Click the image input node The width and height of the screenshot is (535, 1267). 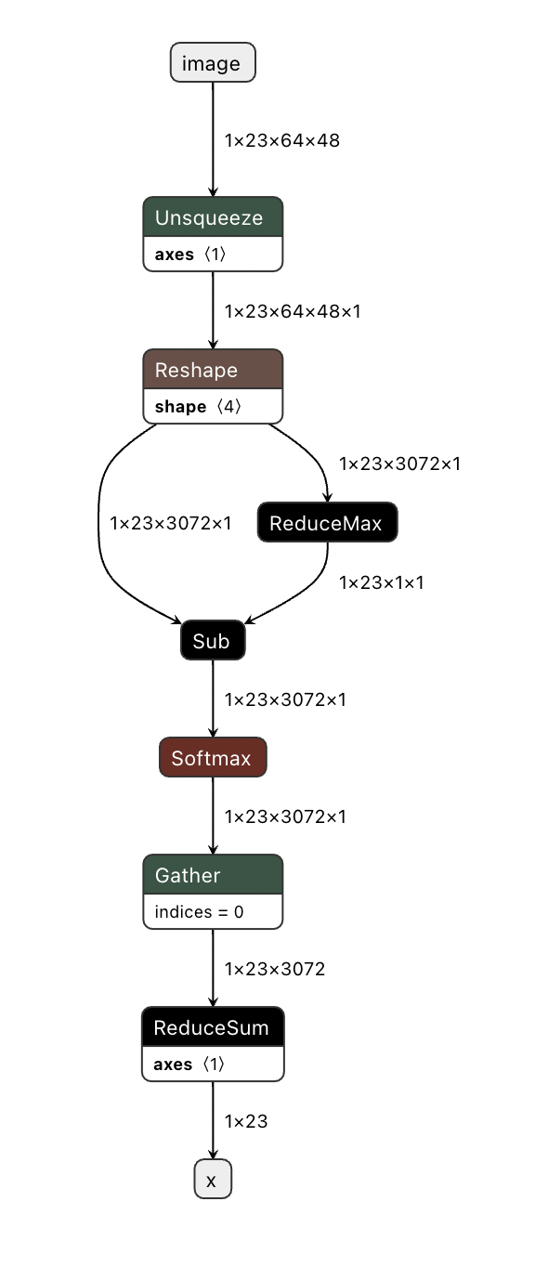pyautogui.click(x=212, y=63)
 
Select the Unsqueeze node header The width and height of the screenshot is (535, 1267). pyautogui.click(x=212, y=218)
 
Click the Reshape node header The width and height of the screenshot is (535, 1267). pyautogui.click(x=212, y=370)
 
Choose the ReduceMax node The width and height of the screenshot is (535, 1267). pyautogui.click(x=326, y=523)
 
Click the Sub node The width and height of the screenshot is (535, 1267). pyautogui.click(x=212, y=640)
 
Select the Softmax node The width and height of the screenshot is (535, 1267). pyautogui.click(x=212, y=758)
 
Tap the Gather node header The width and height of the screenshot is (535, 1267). pyautogui.click(x=212, y=875)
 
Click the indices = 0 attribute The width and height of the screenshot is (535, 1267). pyautogui.click(x=199, y=912)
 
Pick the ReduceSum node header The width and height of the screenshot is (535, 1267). pyautogui.click(x=212, y=1027)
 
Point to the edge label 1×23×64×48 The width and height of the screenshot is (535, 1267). pyautogui.click(x=282, y=141)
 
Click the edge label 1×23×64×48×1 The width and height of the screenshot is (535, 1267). pyautogui.click(x=293, y=311)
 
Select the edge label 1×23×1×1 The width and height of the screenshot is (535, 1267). pyautogui.click(x=382, y=582)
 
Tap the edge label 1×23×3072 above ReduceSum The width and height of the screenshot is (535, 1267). pyautogui.click(x=275, y=969)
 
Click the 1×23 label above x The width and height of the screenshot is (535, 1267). pyautogui.click(x=246, y=1121)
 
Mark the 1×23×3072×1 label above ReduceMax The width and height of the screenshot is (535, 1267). pyautogui.click(x=399, y=463)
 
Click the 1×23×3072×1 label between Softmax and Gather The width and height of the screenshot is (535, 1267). pyautogui.click(x=285, y=816)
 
